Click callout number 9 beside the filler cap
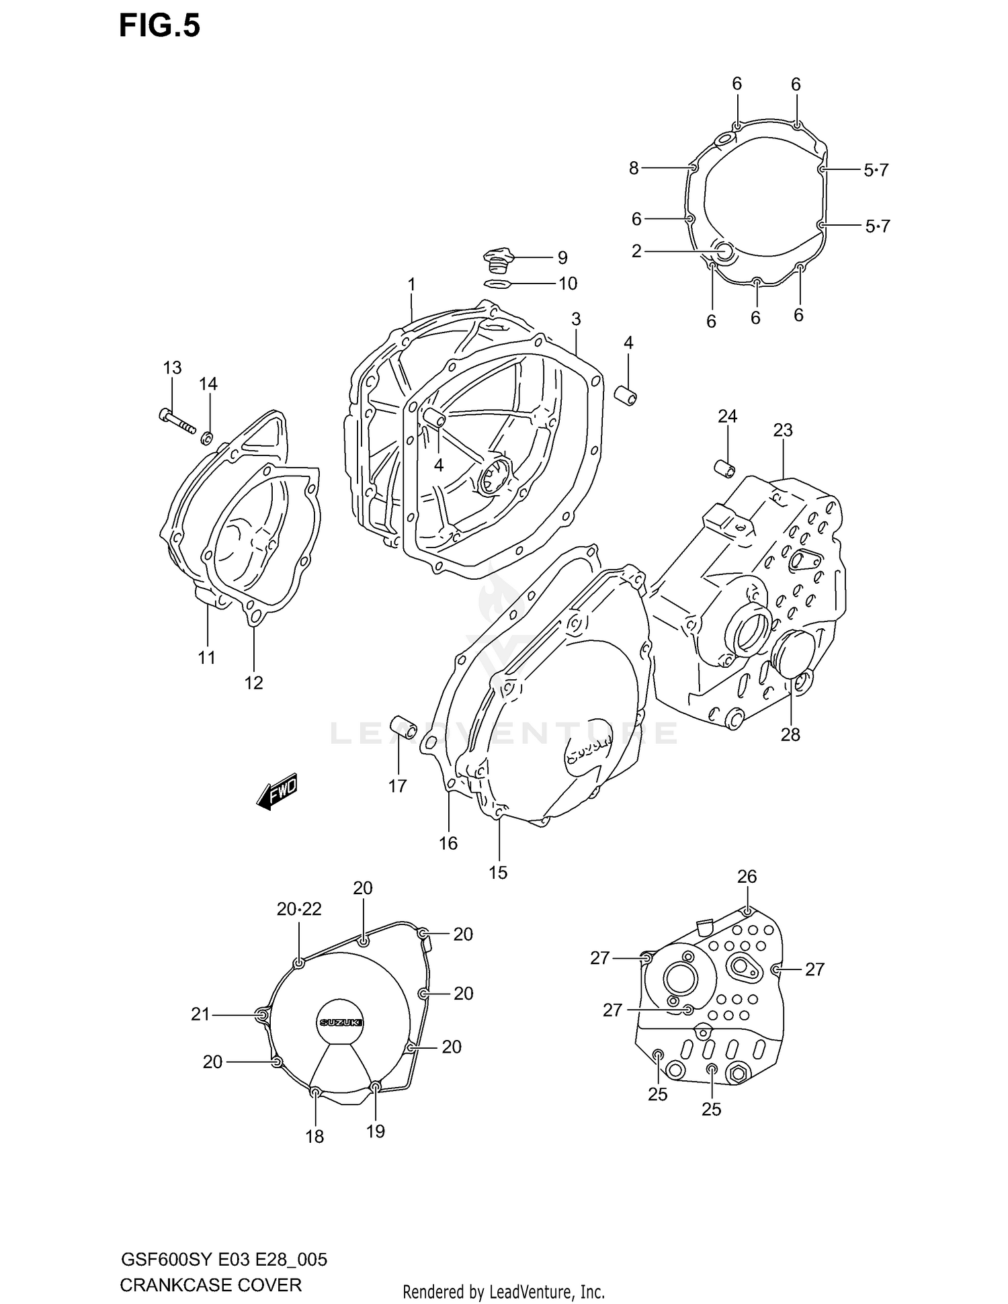tap(562, 258)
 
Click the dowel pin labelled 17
tap(404, 727)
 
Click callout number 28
tap(790, 734)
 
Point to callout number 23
tap(783, 430)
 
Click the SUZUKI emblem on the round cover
tap(341, 1022)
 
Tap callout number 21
tap(200, 1014)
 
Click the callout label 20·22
tap(299, 909)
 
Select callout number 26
tap(747, 876)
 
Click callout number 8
tap(634, 168)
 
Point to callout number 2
tap(636, 251)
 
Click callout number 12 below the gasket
tap(253, 683)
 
